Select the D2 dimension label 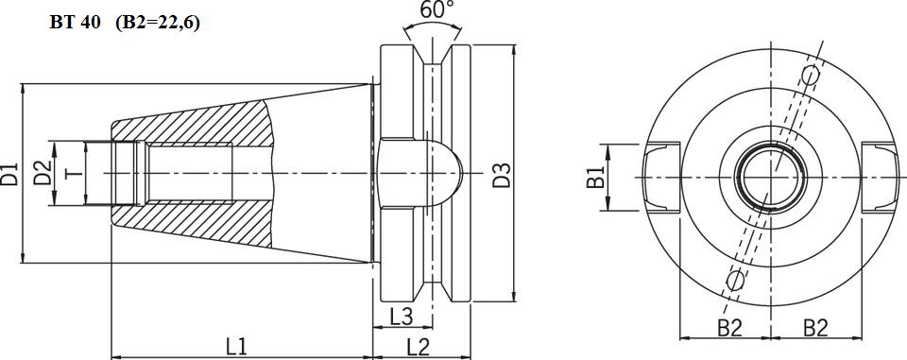pos(42,174)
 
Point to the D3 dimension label pos(502,176)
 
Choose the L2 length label pos(419,347)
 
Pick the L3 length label pos(401,317)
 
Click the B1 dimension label pos(595,177)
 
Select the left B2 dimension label pos(730,328)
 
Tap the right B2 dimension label pos(815,328)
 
